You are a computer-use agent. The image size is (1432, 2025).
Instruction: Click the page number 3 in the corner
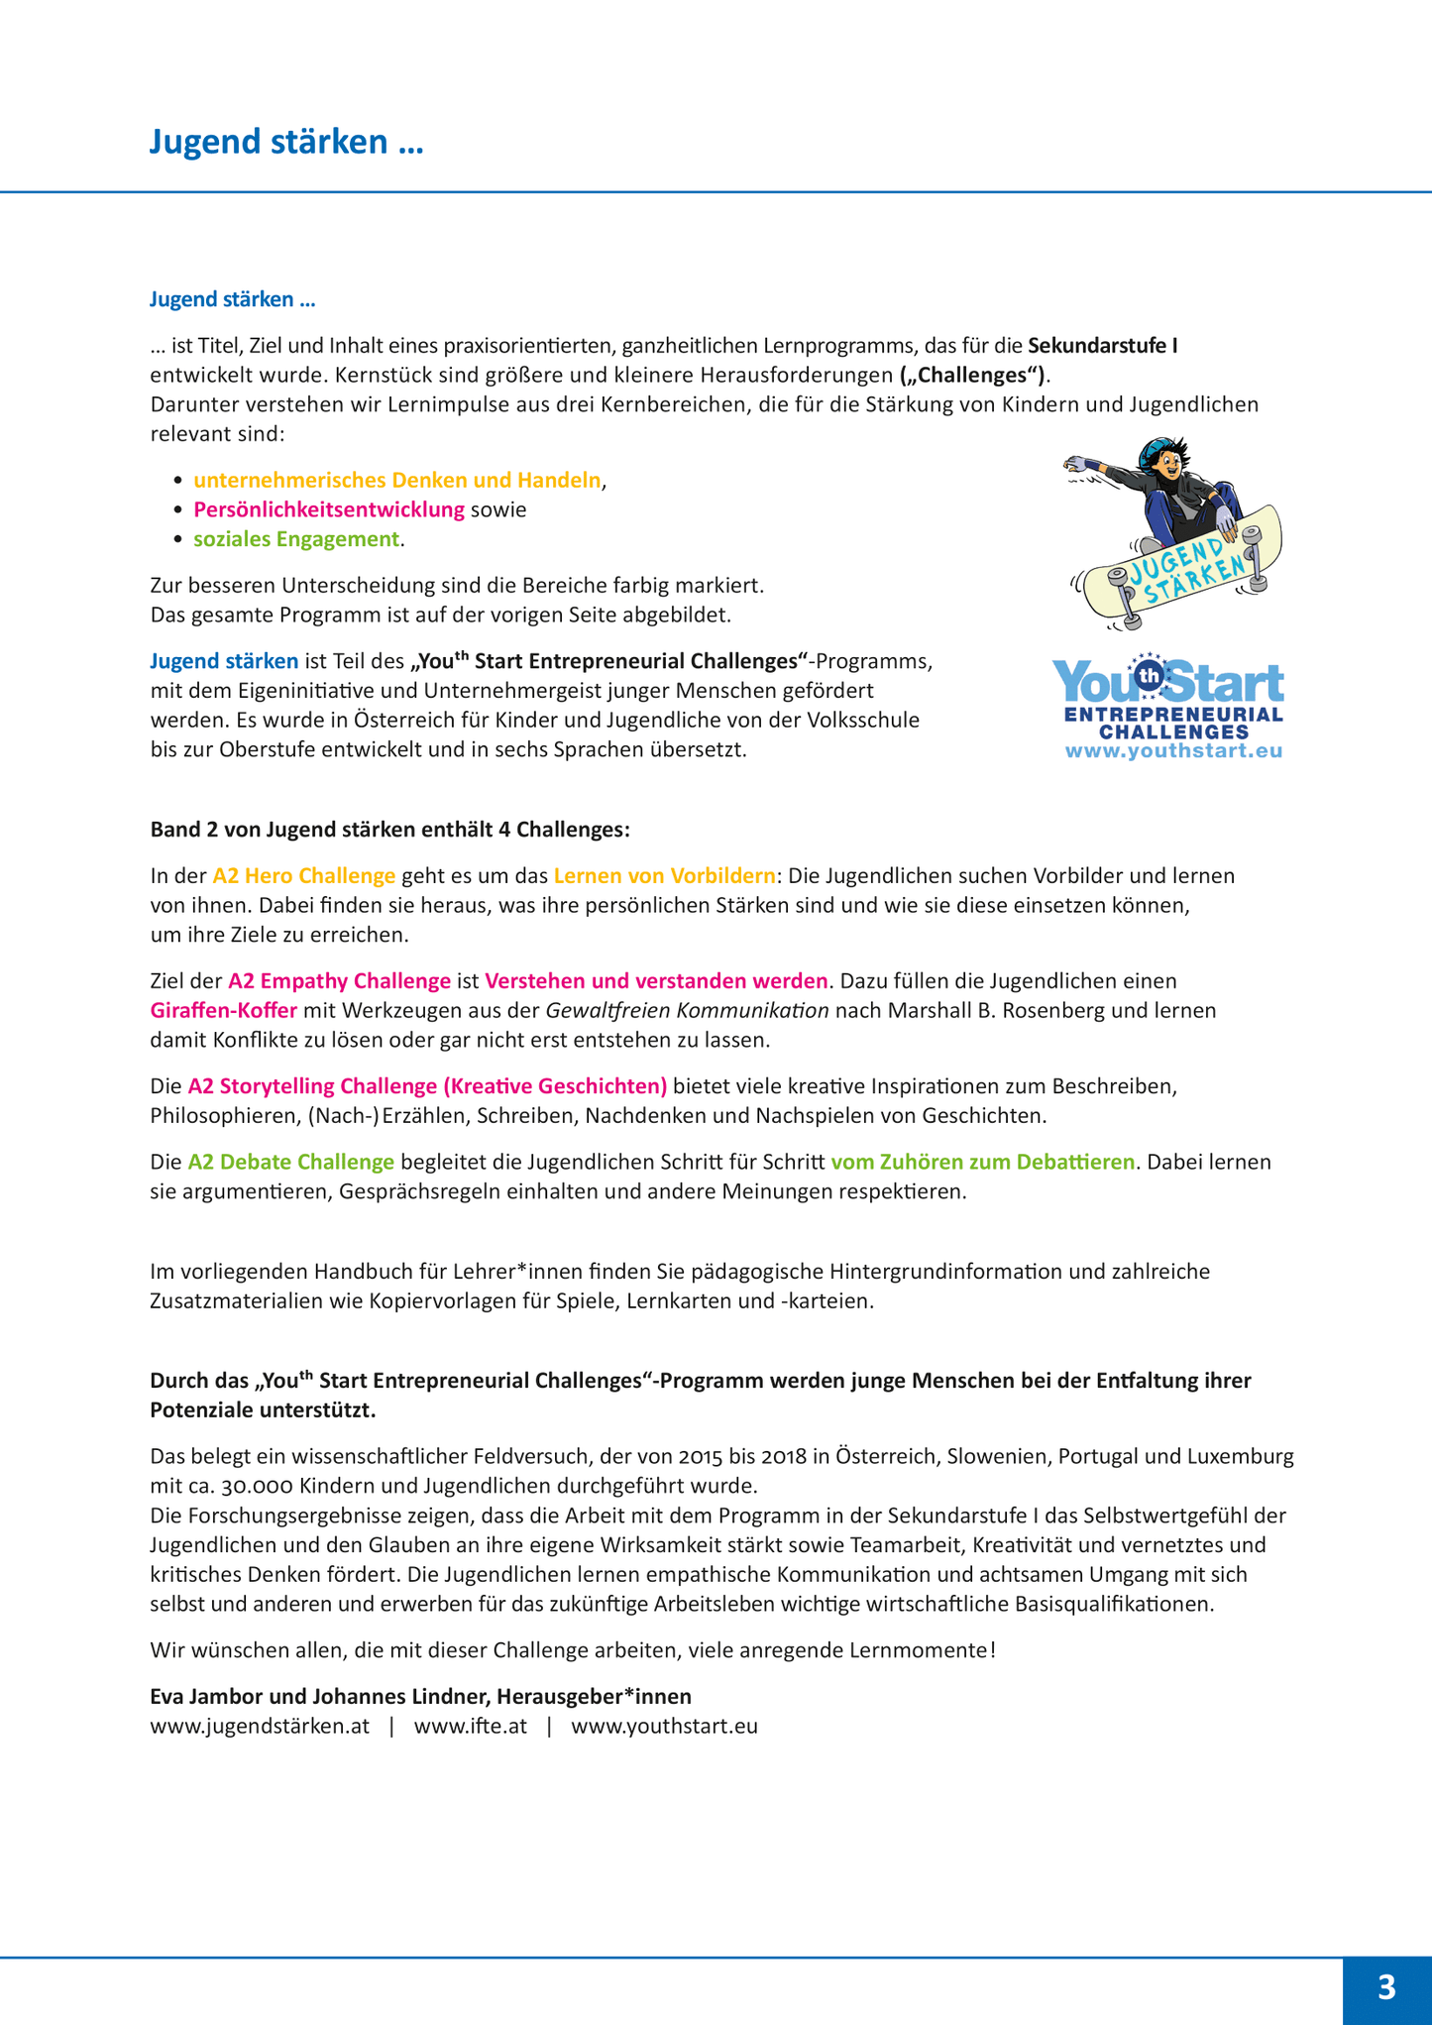[1386, 1986]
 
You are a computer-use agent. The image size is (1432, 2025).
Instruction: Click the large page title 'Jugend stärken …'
[286, 142]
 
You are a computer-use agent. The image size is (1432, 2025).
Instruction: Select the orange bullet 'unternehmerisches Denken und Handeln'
[396, 481]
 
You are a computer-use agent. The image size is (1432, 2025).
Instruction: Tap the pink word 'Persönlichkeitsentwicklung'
[328, 509]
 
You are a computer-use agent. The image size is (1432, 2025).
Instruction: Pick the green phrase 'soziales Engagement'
[295, 539]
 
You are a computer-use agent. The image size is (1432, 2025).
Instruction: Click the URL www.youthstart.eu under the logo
[1173, 750]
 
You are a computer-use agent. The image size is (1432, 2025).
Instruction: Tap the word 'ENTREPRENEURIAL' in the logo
[1173, 715]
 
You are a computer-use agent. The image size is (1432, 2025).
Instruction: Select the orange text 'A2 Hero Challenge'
[304, 876]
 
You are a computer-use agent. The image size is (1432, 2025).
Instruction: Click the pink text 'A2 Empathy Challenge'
[339, 981]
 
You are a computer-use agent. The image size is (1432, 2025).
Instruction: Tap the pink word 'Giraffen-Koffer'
[223, 1011]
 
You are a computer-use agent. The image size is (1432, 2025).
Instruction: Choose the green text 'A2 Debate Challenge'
[290, 1162]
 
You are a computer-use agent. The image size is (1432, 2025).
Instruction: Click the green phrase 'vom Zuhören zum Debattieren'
[982, 1162]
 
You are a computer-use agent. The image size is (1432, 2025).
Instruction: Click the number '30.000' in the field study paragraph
[219, 1486]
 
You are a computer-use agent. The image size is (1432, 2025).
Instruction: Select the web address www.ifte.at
[470, 1726]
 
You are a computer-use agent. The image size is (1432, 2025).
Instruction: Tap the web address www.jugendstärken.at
[260, 1726]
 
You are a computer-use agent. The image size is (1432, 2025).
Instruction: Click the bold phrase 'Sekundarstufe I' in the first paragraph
[1102, 346]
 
